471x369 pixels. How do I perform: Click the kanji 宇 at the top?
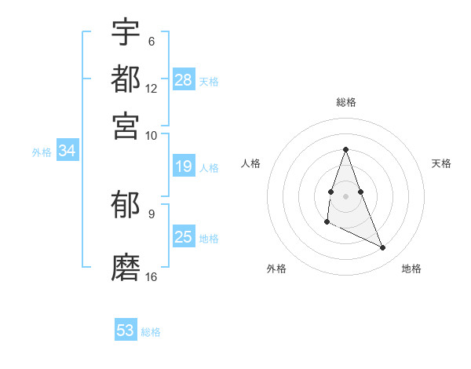point(126,32)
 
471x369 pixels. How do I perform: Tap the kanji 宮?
point(126,126)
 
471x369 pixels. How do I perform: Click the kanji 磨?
point(126,268)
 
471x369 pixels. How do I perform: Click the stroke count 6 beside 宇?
point(151,41)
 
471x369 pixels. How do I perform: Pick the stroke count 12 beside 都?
point(152,88)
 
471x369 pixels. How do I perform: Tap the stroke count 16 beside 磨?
point(152,276)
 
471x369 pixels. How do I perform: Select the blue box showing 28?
point(184,80)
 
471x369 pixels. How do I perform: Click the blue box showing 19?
point(183,166)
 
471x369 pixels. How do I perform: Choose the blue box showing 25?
point(183,237)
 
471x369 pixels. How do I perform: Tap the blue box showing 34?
point(67,152)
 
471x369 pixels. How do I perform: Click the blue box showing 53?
point(126,331)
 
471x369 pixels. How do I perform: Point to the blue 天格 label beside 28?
point(209,82)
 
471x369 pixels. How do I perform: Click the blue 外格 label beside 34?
point(42,152)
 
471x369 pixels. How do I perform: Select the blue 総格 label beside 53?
point(151,332)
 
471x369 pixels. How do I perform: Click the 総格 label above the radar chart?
point(345,103)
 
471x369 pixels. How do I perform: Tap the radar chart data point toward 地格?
point(383,248)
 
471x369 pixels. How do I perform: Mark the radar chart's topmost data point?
point(345,150)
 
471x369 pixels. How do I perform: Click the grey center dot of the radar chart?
point(345,195)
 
